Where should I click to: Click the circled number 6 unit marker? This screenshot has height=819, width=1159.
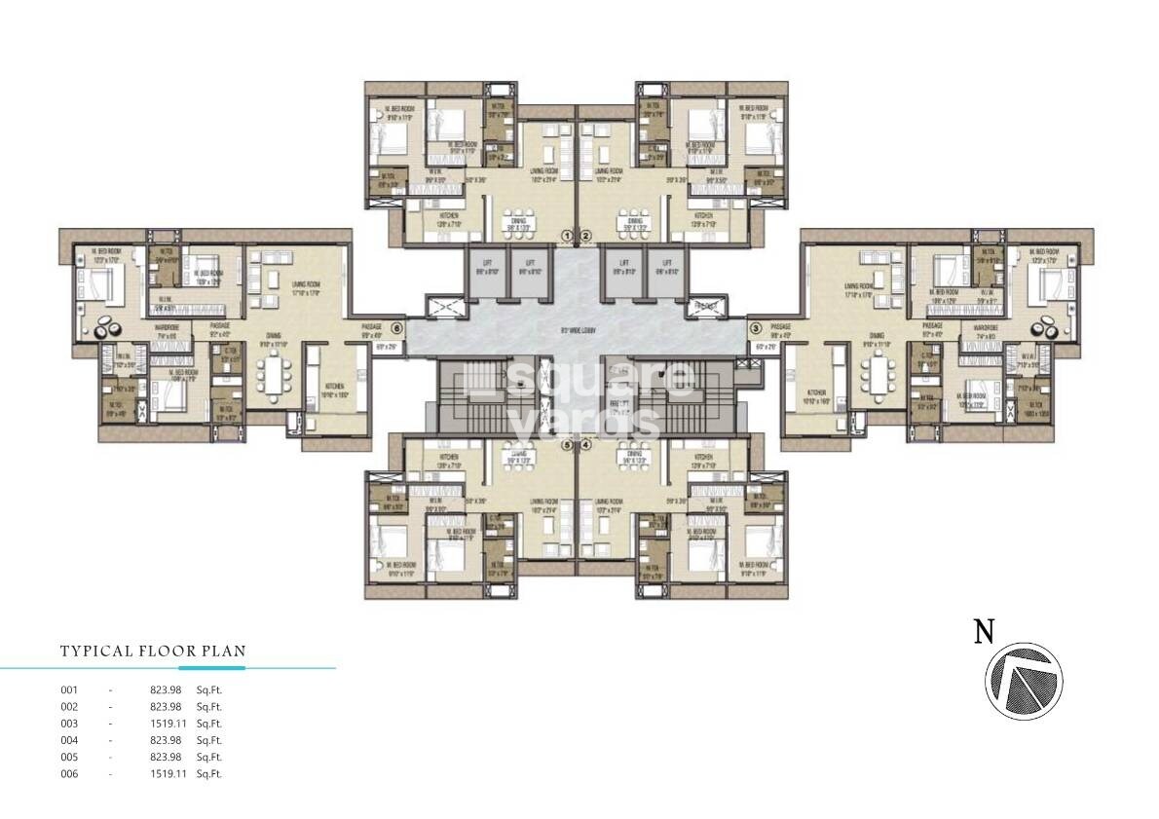tap(396, 328)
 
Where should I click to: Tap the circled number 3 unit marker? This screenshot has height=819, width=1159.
tap(755, 328)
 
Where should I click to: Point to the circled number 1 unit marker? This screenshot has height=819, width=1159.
tap(569, 236)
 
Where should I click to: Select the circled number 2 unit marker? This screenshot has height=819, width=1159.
tap(585, 236)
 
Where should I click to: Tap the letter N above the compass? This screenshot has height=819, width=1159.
tap(985, 633)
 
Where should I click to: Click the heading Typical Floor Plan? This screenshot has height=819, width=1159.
tap(153, 651)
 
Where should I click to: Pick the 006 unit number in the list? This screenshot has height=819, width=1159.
tap(69, 774)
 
